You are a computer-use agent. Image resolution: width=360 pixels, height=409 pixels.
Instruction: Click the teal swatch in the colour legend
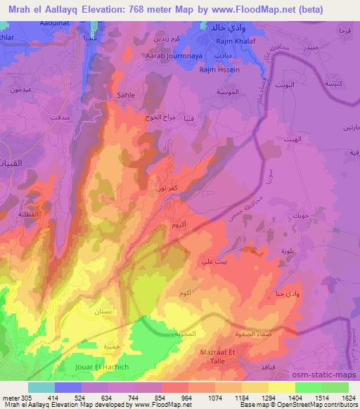click(41, 387)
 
